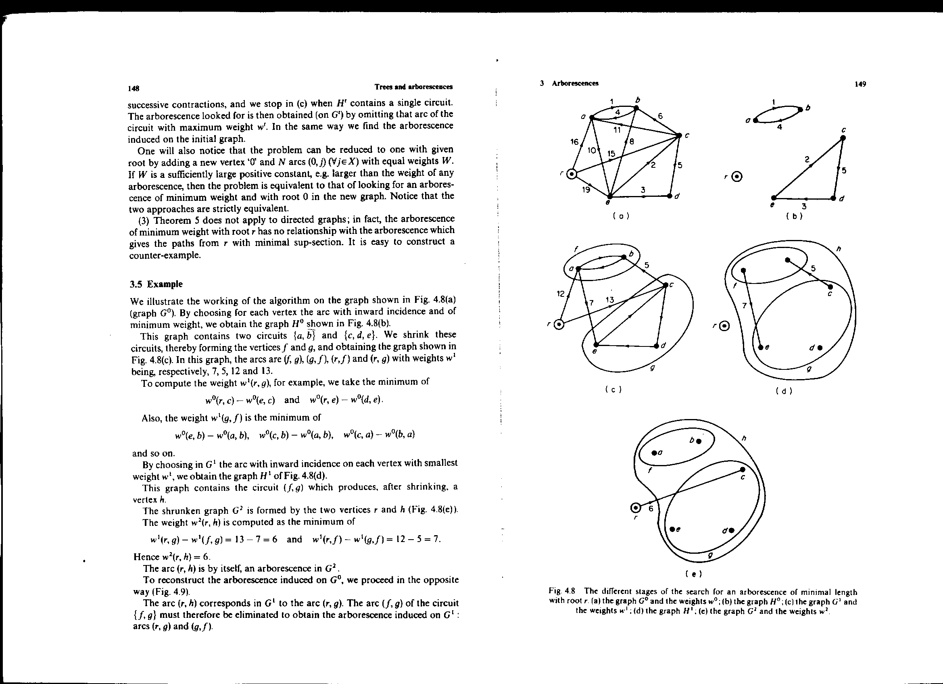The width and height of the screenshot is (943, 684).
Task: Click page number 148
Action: [134, 89]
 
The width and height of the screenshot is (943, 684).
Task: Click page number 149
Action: [860, 84]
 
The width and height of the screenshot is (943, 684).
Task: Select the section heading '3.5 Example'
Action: [156, 284]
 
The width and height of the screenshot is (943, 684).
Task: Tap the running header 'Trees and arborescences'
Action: [413, 87]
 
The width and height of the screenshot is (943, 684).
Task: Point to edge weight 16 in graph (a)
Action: [574, 142]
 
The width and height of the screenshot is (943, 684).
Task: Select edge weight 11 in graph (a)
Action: [617, 130]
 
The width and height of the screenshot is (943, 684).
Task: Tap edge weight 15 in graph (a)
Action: [611, 153]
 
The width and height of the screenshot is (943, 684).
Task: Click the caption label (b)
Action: [794, 216]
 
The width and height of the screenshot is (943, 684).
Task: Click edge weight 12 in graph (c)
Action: [561, 294]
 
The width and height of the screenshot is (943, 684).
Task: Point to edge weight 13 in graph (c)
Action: [610, 299]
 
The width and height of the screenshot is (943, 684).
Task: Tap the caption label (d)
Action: [784, 391]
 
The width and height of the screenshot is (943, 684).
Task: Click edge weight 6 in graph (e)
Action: [651, 509]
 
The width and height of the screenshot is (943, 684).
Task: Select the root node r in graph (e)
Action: [636, 508]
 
